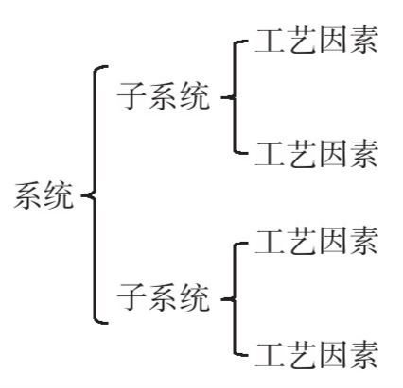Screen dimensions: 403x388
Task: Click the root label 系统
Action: (x=44, y=195)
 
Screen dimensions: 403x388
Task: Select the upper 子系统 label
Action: (x=164, y=96)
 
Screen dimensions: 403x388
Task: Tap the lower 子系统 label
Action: (x=164, y=297)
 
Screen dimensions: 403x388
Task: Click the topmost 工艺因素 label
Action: (x=317, y=40)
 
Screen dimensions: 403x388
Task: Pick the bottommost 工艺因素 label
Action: (x=317, y=355)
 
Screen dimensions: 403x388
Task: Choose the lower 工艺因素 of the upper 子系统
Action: (x=317, y=154)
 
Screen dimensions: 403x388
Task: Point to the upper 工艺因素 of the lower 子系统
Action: (x=317, y=241)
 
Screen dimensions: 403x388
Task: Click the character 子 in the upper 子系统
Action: (x=131, y=96)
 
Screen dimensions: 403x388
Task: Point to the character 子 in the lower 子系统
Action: (x=131, y=297)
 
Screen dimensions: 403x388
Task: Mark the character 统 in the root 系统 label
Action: (x=59, y=195)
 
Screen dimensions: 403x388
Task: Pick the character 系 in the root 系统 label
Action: (x=28, y=195)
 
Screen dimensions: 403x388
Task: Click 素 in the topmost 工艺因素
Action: (x=364, y=40)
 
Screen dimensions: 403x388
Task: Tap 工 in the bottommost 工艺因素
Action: (x=269, y=355)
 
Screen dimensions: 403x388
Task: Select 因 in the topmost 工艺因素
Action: (x=332, y=40)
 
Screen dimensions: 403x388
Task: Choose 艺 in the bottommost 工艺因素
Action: (x=302, y=355)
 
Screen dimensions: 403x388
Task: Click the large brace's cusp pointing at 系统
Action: (x=82, y=195)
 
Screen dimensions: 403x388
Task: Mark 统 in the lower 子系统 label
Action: (x=196, y=297)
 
